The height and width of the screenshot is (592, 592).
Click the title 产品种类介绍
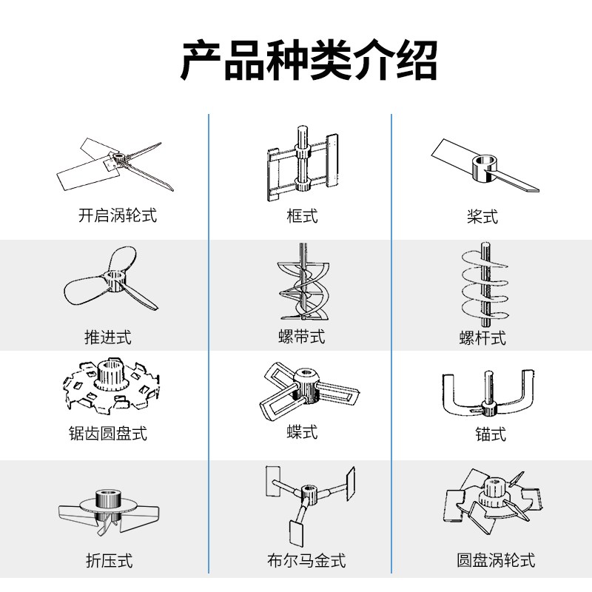(x=309, y=61)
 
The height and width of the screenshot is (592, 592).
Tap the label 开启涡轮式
(x=118, y=216)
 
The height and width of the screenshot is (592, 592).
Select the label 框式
(x=302, y=216)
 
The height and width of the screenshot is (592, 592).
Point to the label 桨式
(x=482, y=216)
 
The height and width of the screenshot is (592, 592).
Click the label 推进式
(x=108, y=337)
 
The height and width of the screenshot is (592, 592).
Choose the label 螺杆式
(x=482, y=338)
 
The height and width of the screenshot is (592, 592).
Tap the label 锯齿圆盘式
(x=108, y=433)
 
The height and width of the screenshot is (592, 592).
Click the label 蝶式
(x=302, y=431)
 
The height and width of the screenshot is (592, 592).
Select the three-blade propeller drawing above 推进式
(x=110, y=285)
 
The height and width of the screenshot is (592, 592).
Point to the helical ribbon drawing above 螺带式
(x=301, y=285)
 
